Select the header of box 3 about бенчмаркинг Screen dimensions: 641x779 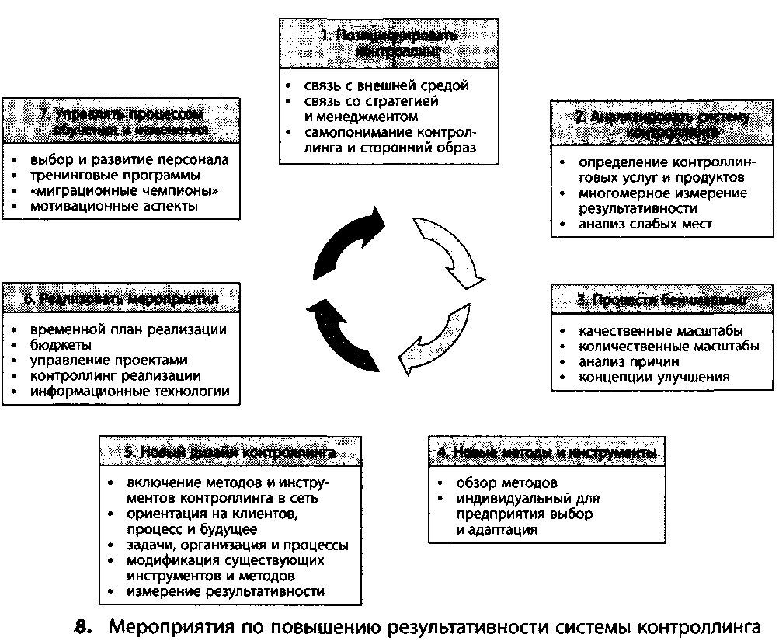pyautogui.click(x=662, y=300)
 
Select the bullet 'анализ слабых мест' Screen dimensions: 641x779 pyautogui.click(x=645, y=224)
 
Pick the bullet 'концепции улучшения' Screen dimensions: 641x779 pyautogui.click(x=654, y=377)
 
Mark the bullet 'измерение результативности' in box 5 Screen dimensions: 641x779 pyautogui.click(x=225, y=592)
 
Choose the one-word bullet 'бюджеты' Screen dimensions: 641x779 pyautogui.click(x=62, y=344)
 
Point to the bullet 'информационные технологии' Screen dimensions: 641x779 pyautogui.click(x=130, y=392)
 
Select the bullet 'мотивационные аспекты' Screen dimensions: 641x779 pyautogui.click(x=113, y=207)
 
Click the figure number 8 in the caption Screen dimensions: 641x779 pyautogui.click(x=85, y=625)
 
